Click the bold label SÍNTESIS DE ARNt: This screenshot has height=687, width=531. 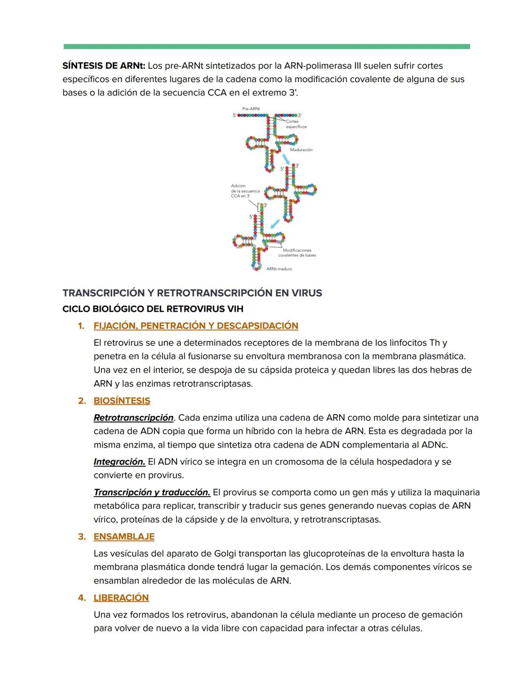click(x=104, y=66)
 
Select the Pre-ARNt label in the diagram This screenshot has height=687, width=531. click(x=251, y=108)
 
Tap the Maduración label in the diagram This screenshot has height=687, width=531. click(x=301, y=149)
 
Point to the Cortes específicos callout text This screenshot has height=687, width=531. click(x=296, y=124)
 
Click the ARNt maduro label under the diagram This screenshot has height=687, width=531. click(x=279, y=269)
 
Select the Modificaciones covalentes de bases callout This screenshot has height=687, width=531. click(x=297, y=253)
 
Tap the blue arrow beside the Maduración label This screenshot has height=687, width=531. click(x=286, y=159)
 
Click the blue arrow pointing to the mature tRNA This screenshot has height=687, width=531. click(x=276, y=223)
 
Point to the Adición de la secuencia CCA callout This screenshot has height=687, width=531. click(x=245, y=191)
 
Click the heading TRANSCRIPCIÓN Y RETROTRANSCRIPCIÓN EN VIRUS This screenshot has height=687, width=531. click(x=192, y=293)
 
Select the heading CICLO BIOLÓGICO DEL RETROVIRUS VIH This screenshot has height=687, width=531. click(x=152, y=309)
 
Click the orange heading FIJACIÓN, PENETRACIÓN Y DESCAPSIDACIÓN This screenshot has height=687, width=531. click(x=196, y=326)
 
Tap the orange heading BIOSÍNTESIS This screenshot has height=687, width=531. click(x=122, y=401)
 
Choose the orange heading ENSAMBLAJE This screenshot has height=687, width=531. click(x=124, y=537)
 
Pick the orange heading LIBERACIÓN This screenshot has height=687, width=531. click(x=121, y=597)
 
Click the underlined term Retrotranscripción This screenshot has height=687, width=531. click(x=133, y=418)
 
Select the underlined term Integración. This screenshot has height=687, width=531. click(x=119, y=462)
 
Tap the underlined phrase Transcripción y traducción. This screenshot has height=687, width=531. click(x=151, y=492)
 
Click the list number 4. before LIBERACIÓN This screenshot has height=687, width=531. click(x=82, y=597)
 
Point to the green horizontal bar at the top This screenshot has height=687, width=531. click(x=266, y=46)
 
